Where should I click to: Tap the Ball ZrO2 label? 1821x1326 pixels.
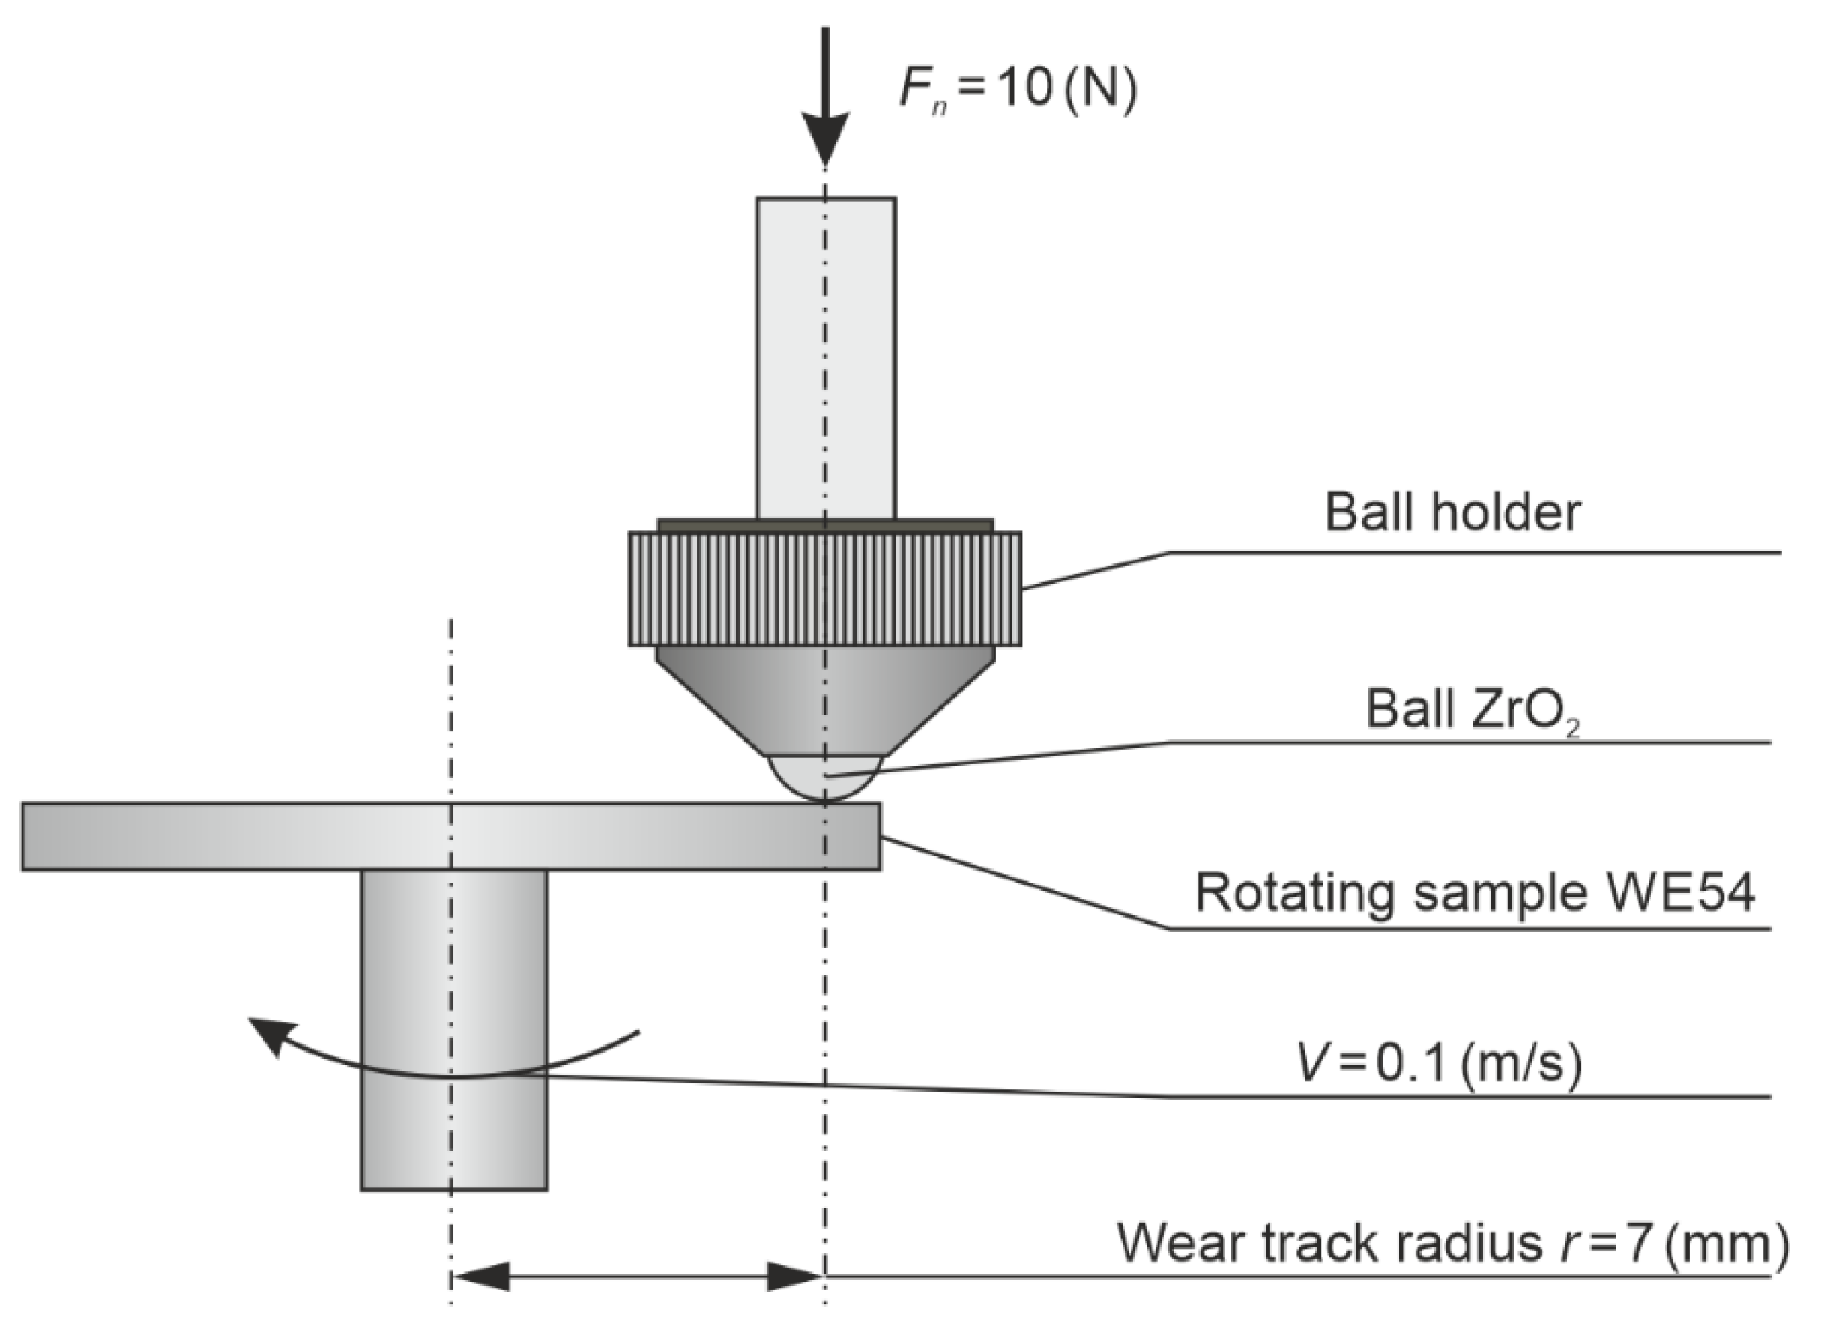1473,711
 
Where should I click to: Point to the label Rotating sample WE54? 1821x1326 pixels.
1474,892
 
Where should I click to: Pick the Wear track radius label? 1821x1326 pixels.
1452,1244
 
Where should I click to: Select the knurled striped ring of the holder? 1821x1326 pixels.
825,588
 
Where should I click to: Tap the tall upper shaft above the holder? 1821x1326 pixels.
825,357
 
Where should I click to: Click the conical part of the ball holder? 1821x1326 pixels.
825,698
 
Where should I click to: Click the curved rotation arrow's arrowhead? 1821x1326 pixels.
269,1035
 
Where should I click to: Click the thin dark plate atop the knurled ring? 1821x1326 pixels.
825,525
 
